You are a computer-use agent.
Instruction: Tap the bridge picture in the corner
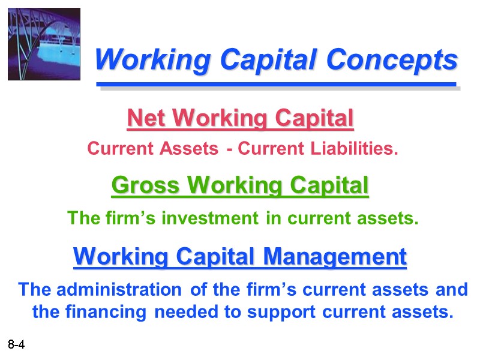pyautogui.click(x=44, y=44)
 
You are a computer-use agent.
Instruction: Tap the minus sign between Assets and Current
pyautogui.click(x=230, y=149)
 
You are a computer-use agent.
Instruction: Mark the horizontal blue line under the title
pyautogui.click(x=276, y=85)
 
